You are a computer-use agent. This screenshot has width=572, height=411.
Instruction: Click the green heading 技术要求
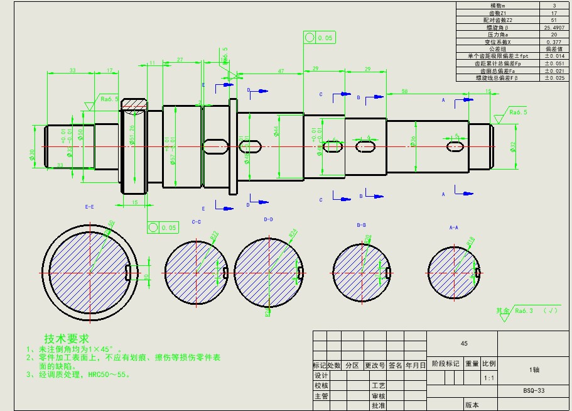[x=67, y=339]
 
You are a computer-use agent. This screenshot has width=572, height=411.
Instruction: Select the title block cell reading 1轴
[x=534, y=370]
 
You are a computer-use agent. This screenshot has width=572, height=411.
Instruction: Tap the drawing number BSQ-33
[x=534, y=390]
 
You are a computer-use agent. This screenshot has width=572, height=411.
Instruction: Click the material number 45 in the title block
[x=464, y=344]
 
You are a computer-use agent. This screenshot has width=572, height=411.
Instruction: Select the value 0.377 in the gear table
[x=554, y=42]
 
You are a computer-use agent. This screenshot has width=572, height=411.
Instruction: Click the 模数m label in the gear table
[x=497, y=6]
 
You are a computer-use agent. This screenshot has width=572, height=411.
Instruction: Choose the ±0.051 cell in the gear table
[x=554, y=63]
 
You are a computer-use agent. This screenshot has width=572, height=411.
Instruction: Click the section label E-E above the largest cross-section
[x=89, y=206]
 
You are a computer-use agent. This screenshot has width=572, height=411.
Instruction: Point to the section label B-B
[x=361, y=224]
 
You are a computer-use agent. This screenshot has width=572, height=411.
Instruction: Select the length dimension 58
[x=404, y=92]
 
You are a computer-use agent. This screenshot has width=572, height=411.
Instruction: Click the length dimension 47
[x=281, y=71]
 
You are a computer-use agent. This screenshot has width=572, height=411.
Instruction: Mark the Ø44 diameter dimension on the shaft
[x=276, y=131]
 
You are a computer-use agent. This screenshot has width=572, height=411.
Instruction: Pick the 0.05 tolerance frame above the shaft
[x=320, y=38]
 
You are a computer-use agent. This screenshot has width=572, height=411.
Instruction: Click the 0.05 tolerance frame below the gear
[x=163, y=227]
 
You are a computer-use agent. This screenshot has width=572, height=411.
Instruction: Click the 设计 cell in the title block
[x=321, y=375]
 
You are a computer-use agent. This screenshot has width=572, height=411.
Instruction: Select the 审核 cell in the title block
[x=378, y=396]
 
